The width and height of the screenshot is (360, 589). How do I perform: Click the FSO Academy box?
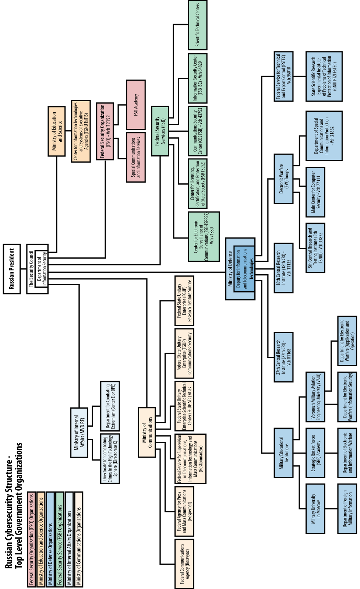click(x=136, y=105)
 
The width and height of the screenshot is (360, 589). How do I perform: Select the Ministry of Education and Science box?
click(x=57, y=131)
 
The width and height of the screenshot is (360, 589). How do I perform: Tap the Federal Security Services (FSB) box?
click(x=160, y=131)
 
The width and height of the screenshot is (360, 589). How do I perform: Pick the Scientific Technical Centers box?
click(x=198, y=25)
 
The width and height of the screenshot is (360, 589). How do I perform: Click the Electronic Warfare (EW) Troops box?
click(x=284, y=179)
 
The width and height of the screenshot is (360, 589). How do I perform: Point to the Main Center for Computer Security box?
click(x=315, y=192)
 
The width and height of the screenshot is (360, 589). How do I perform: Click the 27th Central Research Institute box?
click(x=284, y=357)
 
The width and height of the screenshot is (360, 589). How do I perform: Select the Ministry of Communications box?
click(x=147, y=432)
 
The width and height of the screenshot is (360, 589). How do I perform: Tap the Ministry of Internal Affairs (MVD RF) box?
click(x=79, y=433)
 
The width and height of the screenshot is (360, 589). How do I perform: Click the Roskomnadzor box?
click(x=190, y=459)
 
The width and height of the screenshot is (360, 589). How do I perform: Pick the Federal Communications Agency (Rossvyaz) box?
click(x=184, y=564)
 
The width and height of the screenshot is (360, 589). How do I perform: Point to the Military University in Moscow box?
click(x=315, y=508)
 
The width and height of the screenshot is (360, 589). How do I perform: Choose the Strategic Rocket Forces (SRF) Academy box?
click(x=315, y=453)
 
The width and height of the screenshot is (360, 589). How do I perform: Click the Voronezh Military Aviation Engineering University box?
click(x=315, y=397)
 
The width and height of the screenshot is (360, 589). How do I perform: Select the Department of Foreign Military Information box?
click(x=347, y=508)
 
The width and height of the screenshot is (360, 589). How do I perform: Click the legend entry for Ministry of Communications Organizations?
click(x=79, y=539)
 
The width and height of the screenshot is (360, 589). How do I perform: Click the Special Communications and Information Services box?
click(x=136, y=157)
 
